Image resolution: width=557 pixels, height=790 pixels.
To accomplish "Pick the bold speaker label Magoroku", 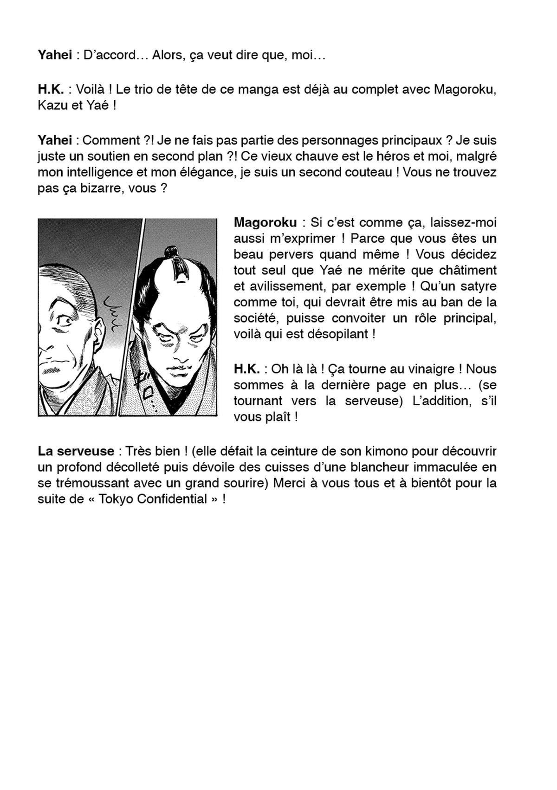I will click(265, 222).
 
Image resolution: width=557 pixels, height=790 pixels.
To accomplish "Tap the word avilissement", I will click(288, 286).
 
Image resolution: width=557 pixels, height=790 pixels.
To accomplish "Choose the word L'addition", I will click(438, 401).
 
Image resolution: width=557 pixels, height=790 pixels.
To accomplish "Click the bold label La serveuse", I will click(76, 451).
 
